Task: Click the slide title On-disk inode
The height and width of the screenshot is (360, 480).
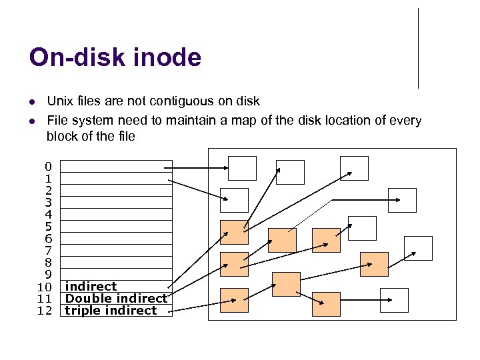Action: (115, 58)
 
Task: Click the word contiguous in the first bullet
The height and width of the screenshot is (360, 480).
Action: (174, 101)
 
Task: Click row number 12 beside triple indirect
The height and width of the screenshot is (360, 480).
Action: (45, 311)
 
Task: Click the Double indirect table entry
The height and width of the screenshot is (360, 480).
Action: (116, 299)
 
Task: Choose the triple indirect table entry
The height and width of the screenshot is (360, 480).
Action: (111, 311)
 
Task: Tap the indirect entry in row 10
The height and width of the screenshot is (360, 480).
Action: (91, 287)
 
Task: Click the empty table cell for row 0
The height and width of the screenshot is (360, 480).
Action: (117, 166)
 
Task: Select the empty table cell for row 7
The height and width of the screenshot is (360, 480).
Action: (117, 250)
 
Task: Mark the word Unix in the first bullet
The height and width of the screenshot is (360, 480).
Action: (59, 101)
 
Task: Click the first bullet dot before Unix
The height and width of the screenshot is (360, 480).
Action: (31, 102)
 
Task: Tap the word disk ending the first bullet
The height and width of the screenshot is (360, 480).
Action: (248, 101)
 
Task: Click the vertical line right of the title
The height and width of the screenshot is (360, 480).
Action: (418, 48)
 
